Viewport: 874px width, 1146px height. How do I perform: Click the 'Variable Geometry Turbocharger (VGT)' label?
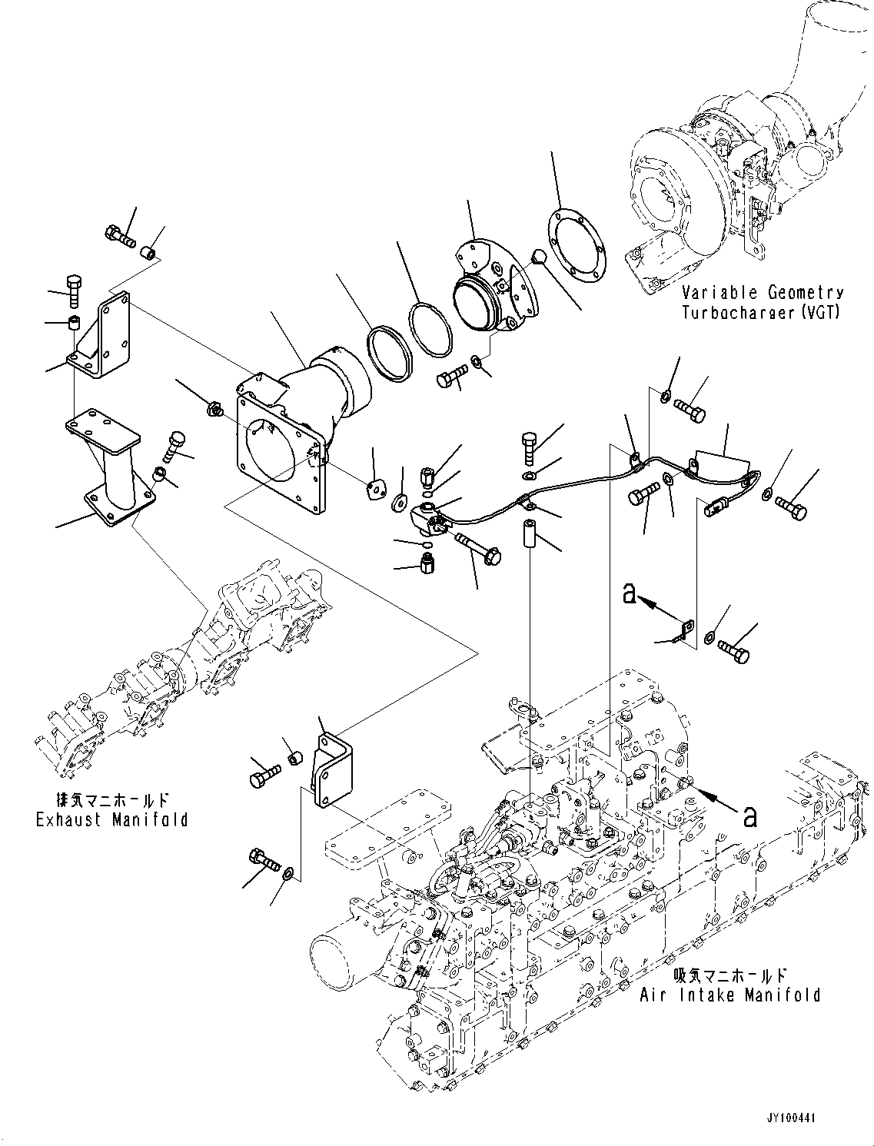click(x=762, y=302)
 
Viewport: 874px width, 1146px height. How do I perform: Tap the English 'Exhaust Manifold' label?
click(x=112, y=819)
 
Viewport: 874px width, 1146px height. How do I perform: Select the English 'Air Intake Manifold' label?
click(x=729, y=995)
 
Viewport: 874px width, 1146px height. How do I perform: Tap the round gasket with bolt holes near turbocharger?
click(x=577, y=238)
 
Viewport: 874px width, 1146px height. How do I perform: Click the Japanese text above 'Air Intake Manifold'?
click(x=729, y=975)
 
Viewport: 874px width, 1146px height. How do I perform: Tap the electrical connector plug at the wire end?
click(x=714, y=507)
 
